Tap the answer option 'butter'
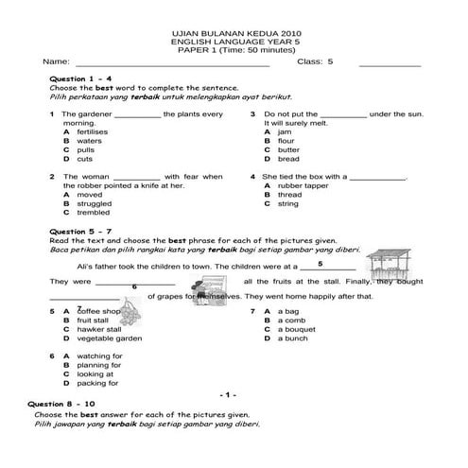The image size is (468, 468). (287, 149)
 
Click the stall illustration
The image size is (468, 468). (395, 268)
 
